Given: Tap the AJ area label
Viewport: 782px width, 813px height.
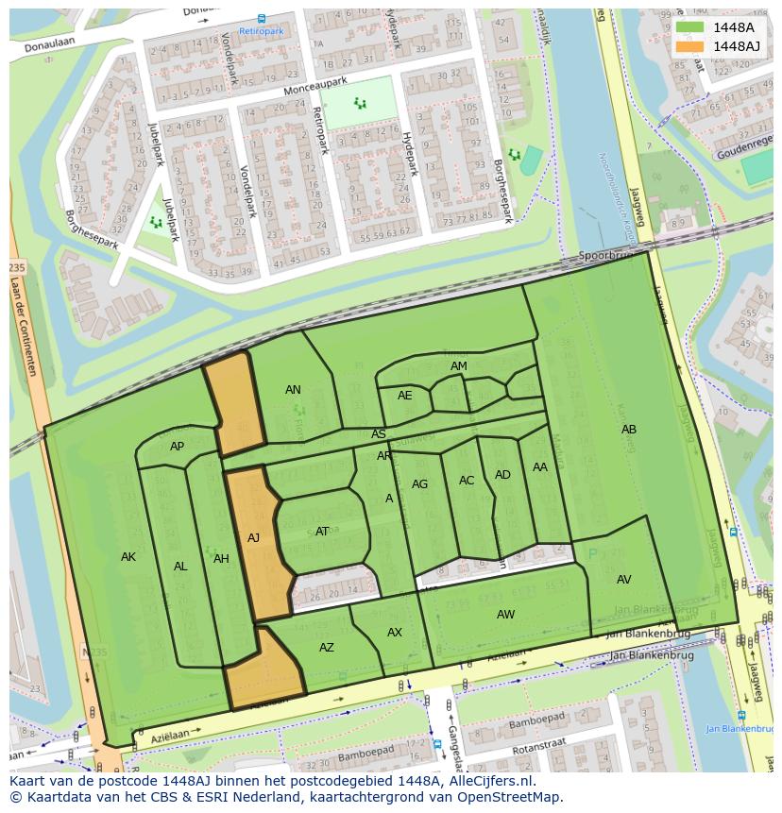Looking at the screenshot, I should point(253,538).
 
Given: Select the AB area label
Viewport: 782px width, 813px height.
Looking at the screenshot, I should point(629,430).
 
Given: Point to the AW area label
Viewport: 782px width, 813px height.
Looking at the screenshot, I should point(506,615).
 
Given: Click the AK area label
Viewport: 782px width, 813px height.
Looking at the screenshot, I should point(128,557).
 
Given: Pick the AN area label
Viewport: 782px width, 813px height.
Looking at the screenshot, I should point(293,390).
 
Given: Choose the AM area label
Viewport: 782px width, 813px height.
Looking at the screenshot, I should point(459,366).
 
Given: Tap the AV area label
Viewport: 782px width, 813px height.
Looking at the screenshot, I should point(623,580).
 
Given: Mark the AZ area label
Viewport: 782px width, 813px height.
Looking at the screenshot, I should point(327,648).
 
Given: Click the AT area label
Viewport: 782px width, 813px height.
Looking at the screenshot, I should point(322,532).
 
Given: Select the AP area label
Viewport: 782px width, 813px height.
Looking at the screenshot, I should point(177,447).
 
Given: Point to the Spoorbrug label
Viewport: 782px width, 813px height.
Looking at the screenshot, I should point(604,256).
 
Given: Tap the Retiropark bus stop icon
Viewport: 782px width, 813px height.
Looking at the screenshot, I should point(262,18).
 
